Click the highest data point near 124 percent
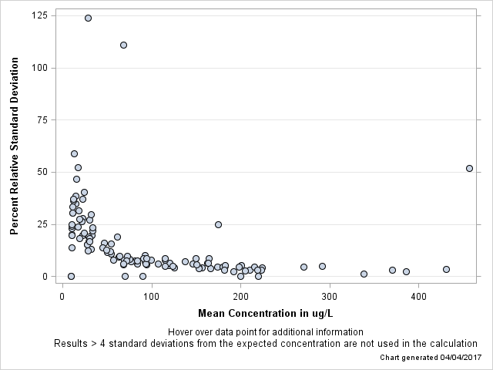point(88,18)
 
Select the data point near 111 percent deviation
point(123,45)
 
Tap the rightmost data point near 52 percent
point(469,168)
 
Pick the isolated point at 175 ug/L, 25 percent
point(218,224)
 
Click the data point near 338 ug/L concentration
point(364,274)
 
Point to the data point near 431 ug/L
point(446,269)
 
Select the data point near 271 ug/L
point(304,267)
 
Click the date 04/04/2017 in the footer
point(455,358)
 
